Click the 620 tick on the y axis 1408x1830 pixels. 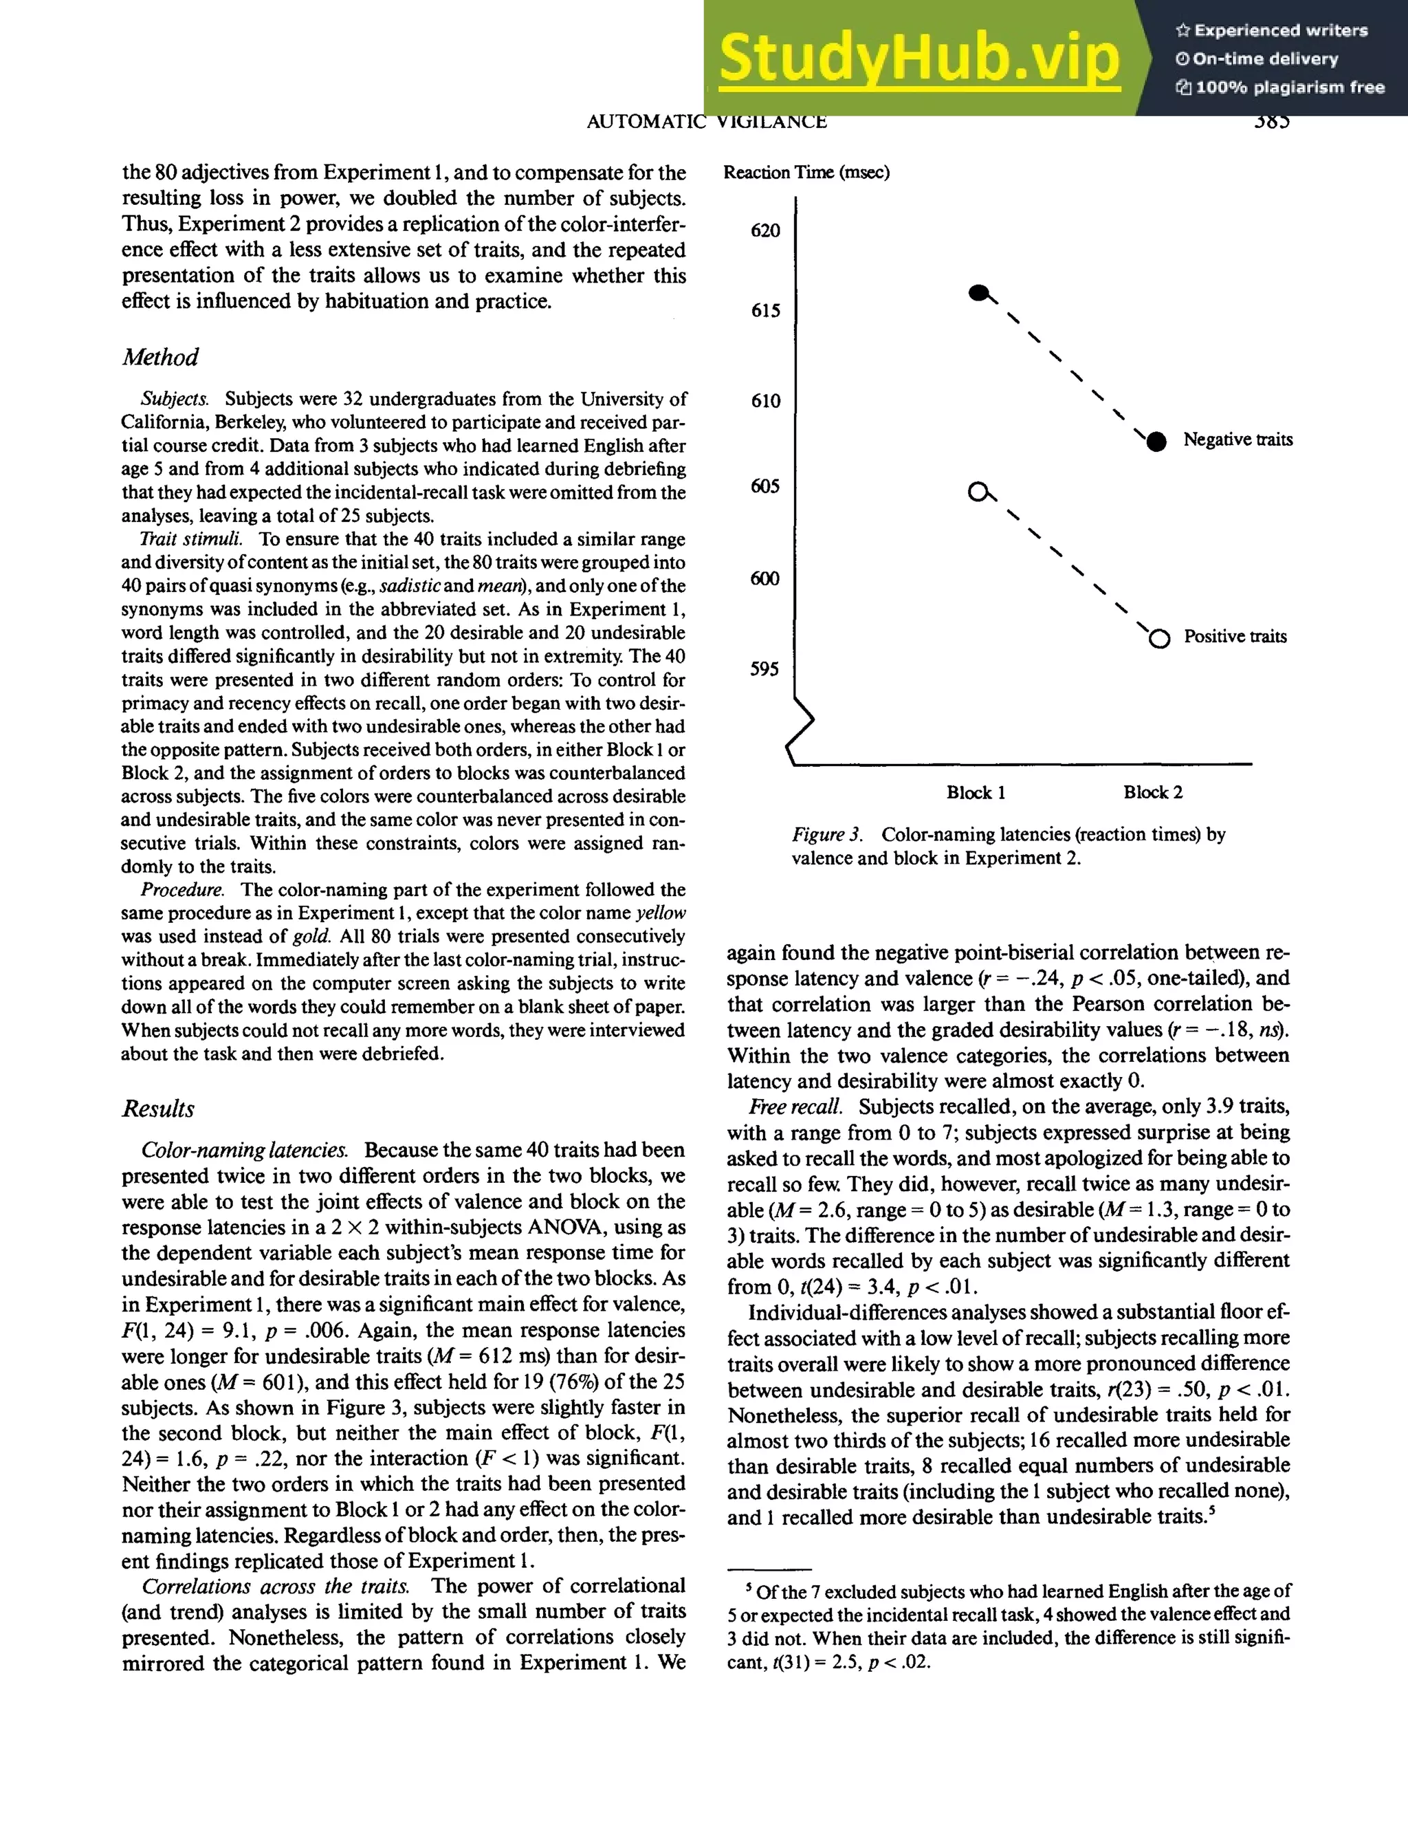pos(764,230)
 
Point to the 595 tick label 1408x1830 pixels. pos(764,668)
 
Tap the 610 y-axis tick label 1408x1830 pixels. pos(764,400)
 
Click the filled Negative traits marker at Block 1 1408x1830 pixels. pos(978,293)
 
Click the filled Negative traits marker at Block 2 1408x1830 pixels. pos(1156,442)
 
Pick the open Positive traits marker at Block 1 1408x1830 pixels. pos(978,492)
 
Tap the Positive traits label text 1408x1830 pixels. pos(1235,637)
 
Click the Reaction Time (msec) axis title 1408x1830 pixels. pos(806,173)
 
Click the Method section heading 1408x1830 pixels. pos(160,357)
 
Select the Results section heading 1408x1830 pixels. pos(157,1109)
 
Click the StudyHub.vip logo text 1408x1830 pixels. pos(918,58)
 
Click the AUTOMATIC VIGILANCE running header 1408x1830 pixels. pos(706,122)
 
